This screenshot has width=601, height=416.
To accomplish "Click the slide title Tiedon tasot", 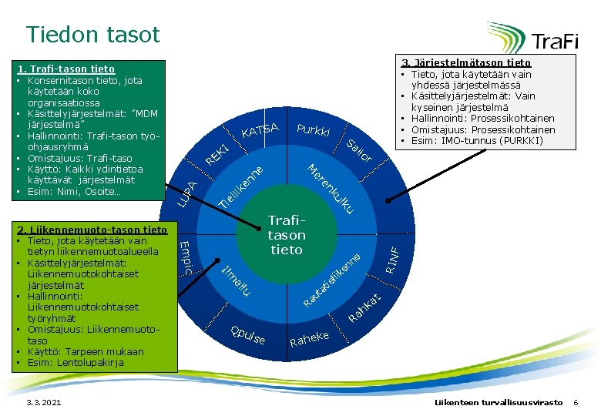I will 92,35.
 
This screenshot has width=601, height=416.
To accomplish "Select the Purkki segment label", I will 313,131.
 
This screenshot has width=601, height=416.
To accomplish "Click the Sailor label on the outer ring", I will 359,151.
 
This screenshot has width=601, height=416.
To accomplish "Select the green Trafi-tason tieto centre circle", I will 287,235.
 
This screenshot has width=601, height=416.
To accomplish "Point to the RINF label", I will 392,258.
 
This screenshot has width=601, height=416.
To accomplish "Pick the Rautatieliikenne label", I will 331,278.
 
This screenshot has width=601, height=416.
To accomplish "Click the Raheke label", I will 309,338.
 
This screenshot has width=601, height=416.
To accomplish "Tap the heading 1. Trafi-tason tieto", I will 71,69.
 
